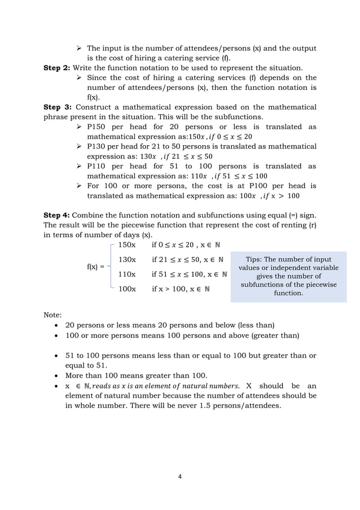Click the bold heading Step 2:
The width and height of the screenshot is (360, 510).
pos(57,68)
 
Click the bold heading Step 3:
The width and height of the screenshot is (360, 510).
pos(57,107)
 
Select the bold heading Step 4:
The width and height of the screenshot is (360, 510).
pos(57,215)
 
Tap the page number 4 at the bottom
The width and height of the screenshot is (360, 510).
pos(180,476)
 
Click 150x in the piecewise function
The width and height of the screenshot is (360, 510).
pos(126,245)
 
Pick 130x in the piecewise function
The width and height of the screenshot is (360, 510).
pos(126,260)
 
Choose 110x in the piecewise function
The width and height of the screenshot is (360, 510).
pos(126,274)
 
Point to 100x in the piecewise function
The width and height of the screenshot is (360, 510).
pos(126,289)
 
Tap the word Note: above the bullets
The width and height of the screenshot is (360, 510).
pos(53,313)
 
